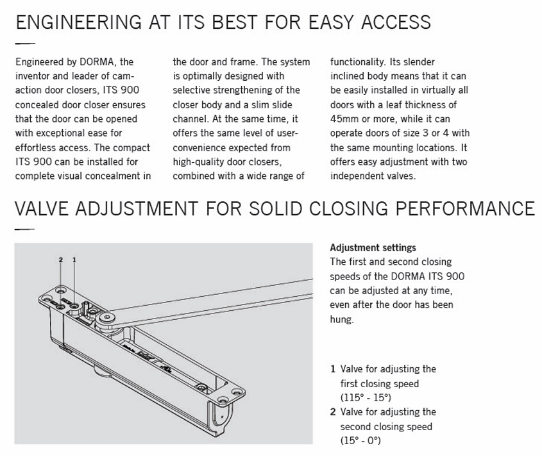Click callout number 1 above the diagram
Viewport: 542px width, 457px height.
coord(74,260)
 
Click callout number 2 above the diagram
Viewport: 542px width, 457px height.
coord(61,260)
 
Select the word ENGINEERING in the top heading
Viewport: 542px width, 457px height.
coord(79,22)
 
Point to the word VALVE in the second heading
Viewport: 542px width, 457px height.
coord(42,209)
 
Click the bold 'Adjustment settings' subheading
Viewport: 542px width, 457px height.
coord(373,247)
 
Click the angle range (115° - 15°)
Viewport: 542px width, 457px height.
coord(366,397)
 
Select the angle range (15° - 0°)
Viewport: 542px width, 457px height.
coord(360,440)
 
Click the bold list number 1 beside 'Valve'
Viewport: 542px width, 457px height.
coord(333,369)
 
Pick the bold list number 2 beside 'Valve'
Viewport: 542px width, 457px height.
coord(333,411)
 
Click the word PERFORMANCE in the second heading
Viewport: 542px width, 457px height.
coord(465,209)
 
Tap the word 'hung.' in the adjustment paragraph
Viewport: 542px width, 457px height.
coord(342,319)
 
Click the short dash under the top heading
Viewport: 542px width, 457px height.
coord(25,44)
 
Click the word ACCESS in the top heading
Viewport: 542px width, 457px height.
coord(396,22)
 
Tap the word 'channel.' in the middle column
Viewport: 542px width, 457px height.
coord(191,119)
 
